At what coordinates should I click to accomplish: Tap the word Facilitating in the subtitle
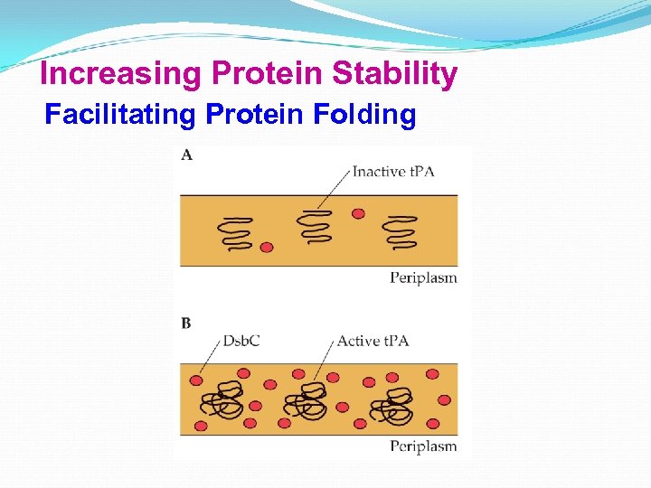[121, 116]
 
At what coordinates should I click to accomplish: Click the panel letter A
[186, 155]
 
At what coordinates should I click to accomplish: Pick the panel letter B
[185, 324]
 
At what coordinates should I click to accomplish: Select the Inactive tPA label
[393, 171]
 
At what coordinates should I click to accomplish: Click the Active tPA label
[373, 341]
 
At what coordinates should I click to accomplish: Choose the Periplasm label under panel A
[423, 277]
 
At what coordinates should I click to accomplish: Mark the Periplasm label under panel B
[423, 446]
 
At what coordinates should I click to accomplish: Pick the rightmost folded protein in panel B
[395, 403]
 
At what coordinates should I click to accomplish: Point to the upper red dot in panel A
[358, 213]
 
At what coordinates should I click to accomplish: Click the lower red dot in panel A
[266, 247]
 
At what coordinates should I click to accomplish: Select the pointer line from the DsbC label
[207, 361]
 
